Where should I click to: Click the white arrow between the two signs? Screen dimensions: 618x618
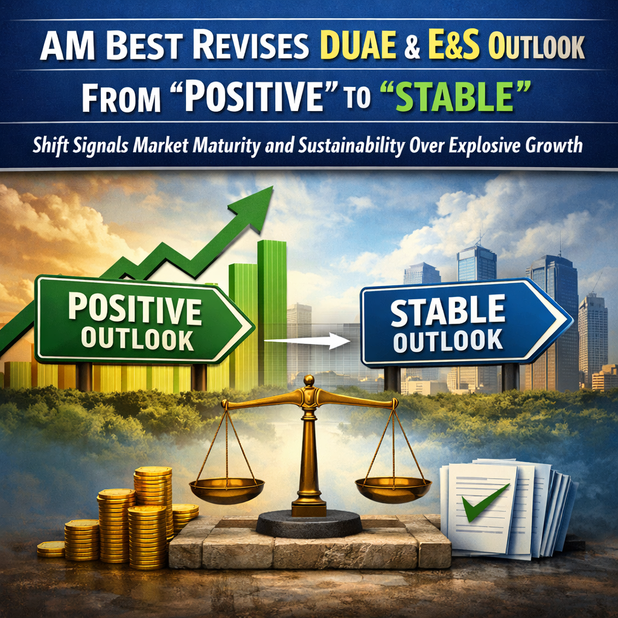click(307, 342)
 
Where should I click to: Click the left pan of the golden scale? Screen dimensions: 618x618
click(226, 486)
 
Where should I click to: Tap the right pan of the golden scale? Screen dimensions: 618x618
click(393, 486)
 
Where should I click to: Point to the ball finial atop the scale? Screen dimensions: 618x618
click(309, 380)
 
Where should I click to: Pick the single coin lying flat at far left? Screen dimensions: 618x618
click(51, 548)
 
